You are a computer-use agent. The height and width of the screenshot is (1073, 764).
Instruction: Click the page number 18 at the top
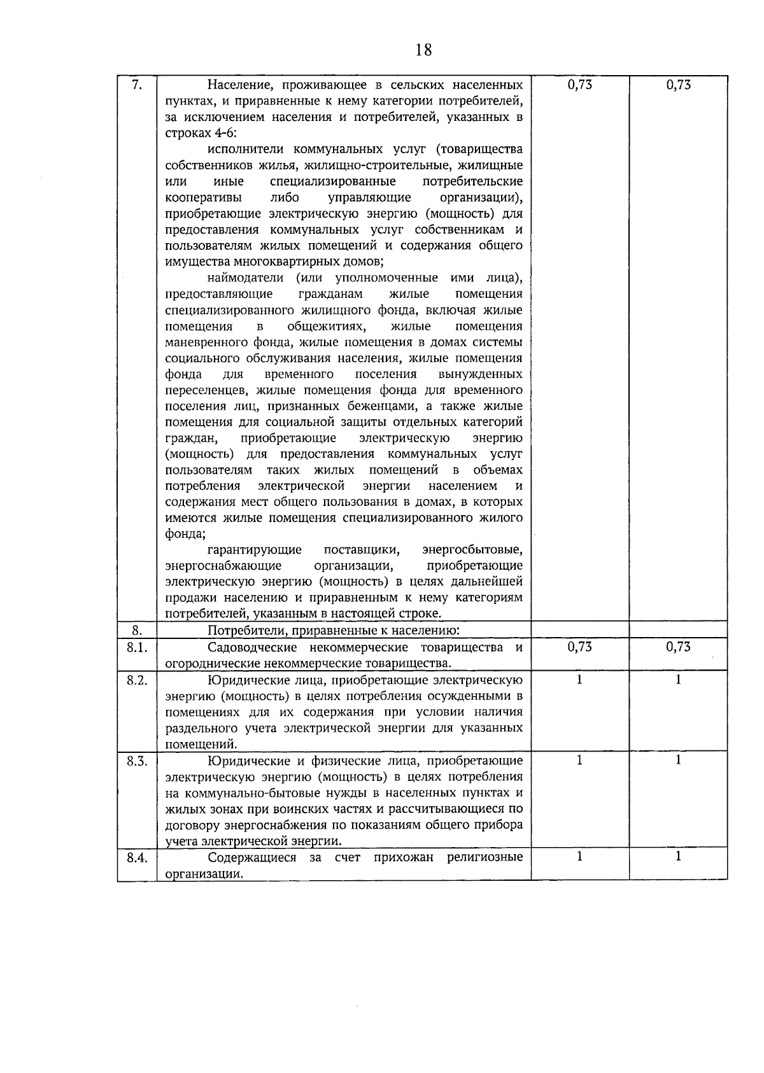[x=423, y=49]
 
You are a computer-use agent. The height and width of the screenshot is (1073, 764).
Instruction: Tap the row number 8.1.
[x=137, y=647]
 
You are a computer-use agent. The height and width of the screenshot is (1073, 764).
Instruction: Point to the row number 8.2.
[x=137, y=680]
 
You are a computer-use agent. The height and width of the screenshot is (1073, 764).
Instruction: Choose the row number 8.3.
[x=137, y=761]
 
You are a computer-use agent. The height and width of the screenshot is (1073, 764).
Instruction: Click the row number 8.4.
[x=137, y=857]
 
